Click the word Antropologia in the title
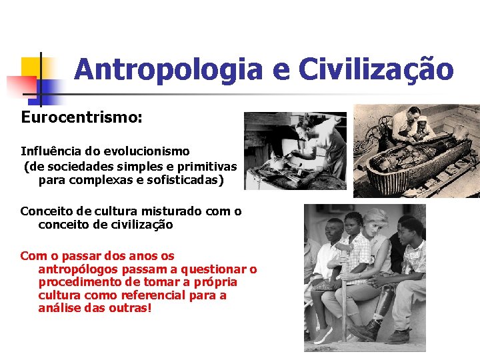coord(168,69)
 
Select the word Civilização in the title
coord(376,69)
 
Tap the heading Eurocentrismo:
coord(81,117)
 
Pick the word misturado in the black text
coord(163,211)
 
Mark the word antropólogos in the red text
coord(79,269)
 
